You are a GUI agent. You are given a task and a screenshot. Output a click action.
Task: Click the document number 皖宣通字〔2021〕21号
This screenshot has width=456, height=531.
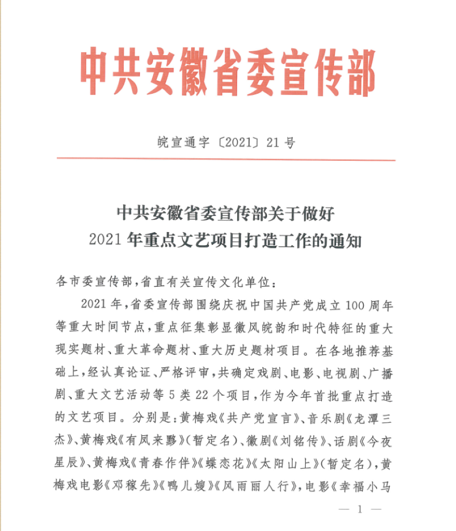click(x=226, y=143)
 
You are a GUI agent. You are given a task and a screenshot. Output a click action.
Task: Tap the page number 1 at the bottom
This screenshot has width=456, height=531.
click(x=360, y=510)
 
